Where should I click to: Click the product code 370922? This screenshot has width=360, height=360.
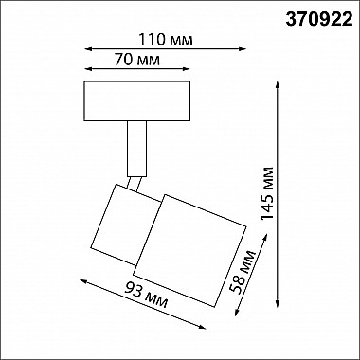pos(313,15)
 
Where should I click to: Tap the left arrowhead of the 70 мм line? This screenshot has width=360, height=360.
pos(86,71)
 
